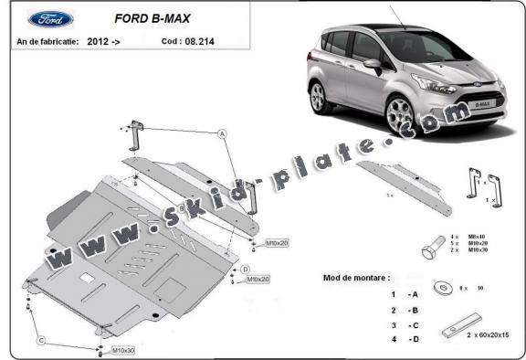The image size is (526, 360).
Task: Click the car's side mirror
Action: tap(373, 65)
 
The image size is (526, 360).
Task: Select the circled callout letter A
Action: tap(221, 133)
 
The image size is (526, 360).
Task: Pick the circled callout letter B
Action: tap(182, 209)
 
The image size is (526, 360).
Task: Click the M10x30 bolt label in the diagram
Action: tap(123, 351)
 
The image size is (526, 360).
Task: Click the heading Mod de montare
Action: tap(357, 275)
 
